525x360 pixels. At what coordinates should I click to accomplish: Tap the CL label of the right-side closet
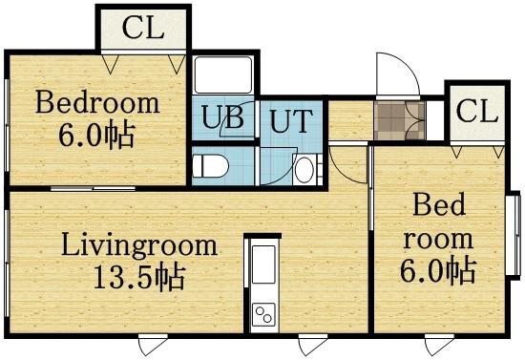click(476, 111)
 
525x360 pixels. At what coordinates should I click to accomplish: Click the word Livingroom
click(139, 245)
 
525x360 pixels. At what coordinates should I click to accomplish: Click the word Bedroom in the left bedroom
click(96, 102)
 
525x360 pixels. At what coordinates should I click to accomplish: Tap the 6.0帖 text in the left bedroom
click(96, 135)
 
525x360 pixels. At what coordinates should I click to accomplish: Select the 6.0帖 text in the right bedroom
click(438, 271)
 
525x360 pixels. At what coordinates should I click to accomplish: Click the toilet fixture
click(212, 167)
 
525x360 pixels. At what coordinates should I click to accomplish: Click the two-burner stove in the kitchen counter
click(262, 312)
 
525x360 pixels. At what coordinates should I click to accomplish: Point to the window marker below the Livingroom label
click(150, 343)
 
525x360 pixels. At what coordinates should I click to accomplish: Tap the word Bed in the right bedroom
click(436, 204)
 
